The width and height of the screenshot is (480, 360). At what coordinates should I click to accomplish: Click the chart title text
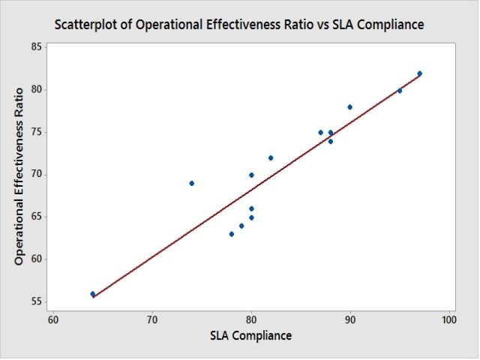[239, 25]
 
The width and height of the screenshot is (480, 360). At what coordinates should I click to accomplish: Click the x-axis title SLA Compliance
[250, 335]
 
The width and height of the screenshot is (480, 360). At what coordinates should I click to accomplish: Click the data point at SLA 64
[93, 294]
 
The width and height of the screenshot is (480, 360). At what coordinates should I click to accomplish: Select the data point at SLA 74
[192, 183]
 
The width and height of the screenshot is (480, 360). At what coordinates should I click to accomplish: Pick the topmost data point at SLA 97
[420, 73]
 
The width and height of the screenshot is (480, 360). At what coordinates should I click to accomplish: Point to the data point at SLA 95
[400, 91]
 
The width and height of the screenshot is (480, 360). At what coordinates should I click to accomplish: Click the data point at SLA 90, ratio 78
[350, 107]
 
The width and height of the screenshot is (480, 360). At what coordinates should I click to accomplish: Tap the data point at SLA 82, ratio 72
[271, 158]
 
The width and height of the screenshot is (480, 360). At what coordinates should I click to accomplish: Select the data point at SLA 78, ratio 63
[232, 234]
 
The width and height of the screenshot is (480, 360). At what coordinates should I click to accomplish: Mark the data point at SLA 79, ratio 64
[241, 226]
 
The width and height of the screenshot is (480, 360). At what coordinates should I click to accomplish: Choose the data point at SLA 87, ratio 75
[321, 133]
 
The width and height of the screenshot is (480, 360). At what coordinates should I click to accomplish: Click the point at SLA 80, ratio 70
[251, 175]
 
